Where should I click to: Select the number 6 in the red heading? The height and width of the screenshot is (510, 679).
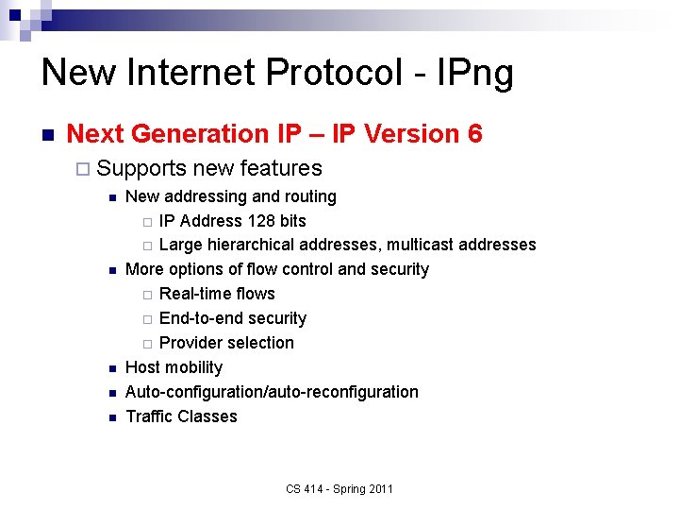click(474, 134)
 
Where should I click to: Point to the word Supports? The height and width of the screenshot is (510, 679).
click(141, 169)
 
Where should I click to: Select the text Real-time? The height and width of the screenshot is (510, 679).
click(192, 294)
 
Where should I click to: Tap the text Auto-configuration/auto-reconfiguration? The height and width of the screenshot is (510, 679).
click(272, 392)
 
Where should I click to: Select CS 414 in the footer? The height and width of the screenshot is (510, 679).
click(304, 489)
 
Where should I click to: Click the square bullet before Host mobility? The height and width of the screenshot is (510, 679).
click(111, 368)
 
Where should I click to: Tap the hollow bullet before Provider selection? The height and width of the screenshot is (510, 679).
click(146, 344)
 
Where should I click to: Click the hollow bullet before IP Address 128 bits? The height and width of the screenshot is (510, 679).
click(146, 222)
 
